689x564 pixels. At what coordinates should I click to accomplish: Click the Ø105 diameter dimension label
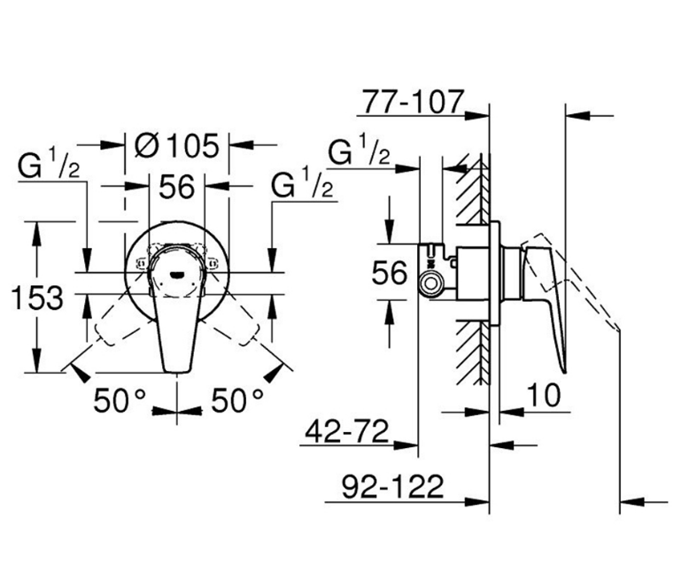pyautogui.click(x=177, y=143)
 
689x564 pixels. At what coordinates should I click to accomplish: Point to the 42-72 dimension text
pyautogui.click(x=345, y=433)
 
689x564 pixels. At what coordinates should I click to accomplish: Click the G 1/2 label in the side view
pyautogui.click(x=359, y=152)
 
